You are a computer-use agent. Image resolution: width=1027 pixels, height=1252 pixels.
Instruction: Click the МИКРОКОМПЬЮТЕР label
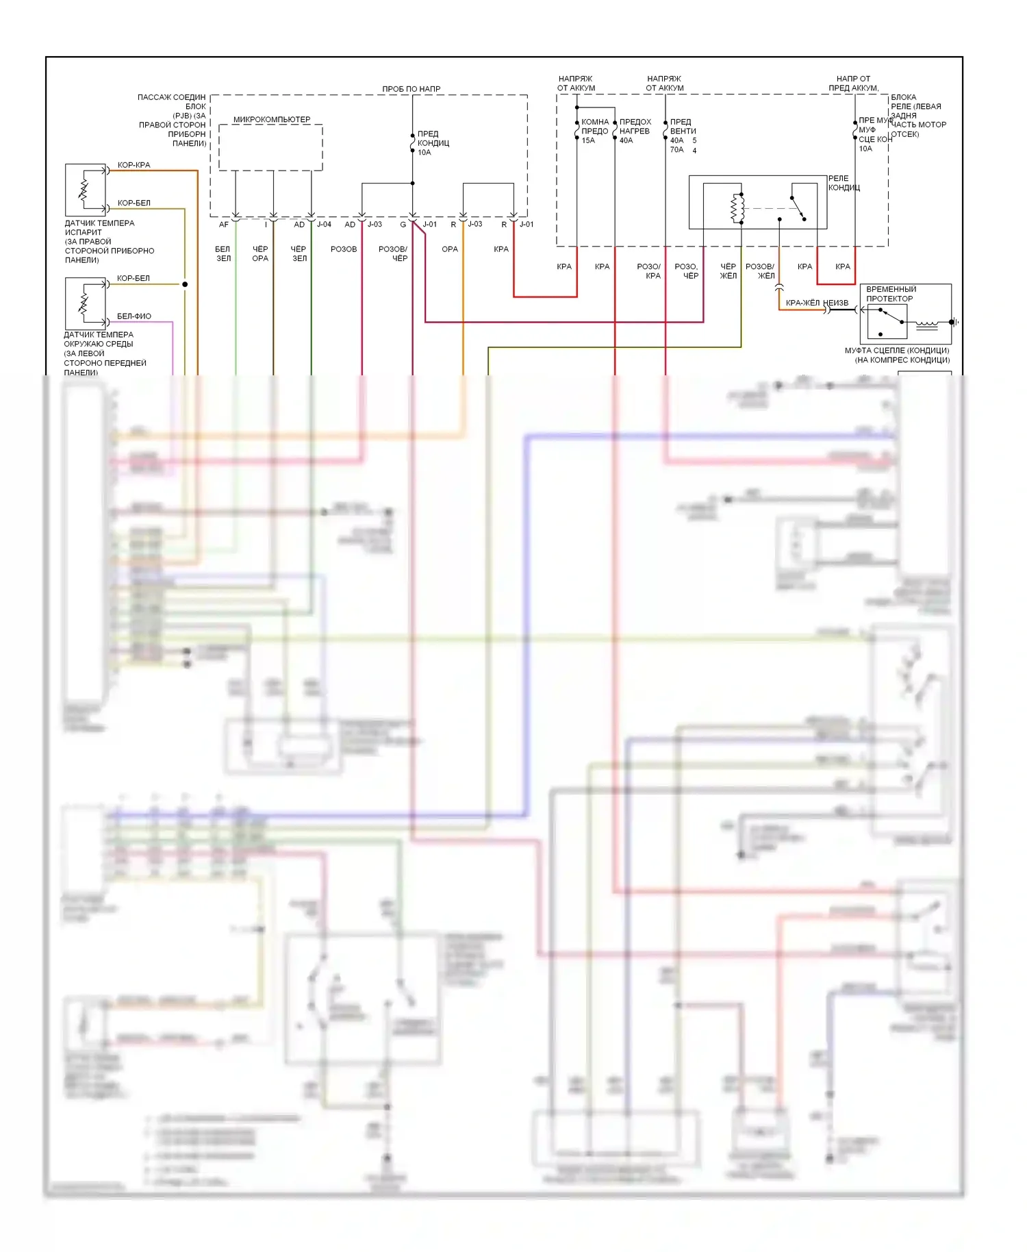(272, 120)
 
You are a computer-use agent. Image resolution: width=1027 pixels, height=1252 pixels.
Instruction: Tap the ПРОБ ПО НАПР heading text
(411, 89)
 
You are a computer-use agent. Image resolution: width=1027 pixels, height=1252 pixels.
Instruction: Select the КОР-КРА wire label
(134, 165)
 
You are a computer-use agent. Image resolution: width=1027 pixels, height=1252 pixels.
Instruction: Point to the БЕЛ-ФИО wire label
(134, 316)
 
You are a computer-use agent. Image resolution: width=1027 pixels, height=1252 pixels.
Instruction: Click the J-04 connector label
(324, 225)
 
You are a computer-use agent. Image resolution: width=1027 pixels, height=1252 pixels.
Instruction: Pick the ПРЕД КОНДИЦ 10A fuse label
(433, 143)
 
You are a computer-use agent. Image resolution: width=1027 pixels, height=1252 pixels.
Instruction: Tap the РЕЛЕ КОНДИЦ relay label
(844, 183)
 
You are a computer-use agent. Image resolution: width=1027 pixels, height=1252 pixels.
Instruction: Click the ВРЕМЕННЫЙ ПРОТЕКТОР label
(890, 294)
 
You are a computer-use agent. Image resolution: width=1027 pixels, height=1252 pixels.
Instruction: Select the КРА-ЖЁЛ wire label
(802, 303)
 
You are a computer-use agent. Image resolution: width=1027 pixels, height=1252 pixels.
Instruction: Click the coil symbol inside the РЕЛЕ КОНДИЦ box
(738, 208)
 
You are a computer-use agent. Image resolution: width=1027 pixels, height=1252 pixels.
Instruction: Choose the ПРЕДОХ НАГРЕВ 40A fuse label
(635, 131)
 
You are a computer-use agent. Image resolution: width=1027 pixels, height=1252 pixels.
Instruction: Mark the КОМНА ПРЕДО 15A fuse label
(594, 131)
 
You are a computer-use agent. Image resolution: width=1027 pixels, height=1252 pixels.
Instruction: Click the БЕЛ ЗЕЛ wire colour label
(223, 254)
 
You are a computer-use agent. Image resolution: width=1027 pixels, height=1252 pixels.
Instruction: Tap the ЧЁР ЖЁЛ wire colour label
(728, 271)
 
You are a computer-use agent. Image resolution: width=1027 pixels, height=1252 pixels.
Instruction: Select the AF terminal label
(224, 225)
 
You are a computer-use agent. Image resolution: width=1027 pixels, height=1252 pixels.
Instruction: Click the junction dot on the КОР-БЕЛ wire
(185, 284)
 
